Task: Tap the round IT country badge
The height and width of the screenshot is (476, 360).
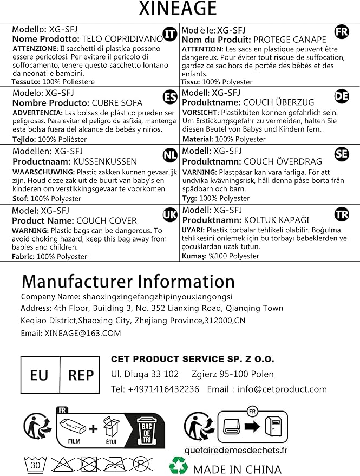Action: (170, 34)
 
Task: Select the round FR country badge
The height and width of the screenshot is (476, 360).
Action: (342, 31)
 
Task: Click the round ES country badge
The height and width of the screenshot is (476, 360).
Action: (170, 97)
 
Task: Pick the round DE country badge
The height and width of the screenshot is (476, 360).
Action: (342, 96)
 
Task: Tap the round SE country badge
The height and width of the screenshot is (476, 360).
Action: (342, 154)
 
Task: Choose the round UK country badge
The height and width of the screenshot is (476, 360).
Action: (170, 215)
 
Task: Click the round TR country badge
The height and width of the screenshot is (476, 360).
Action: (342, 214)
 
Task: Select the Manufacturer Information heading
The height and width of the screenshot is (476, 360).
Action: (128, 282)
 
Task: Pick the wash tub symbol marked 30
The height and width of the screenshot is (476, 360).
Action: (34, 464)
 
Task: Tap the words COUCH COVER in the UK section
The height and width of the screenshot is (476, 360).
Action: (107, 220)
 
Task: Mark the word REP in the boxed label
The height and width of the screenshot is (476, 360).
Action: (81, 375)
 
